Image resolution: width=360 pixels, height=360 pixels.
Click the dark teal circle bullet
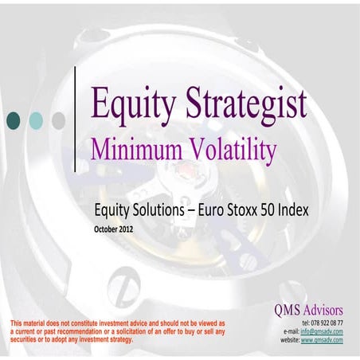tap(14, 120)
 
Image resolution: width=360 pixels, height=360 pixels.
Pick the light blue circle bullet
tap(36, 120)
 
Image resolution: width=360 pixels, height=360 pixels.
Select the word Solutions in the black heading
tap(158, 213)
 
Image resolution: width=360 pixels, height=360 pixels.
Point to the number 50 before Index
tap(272, 213)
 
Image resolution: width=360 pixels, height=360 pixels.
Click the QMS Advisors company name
tap(306, 307)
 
